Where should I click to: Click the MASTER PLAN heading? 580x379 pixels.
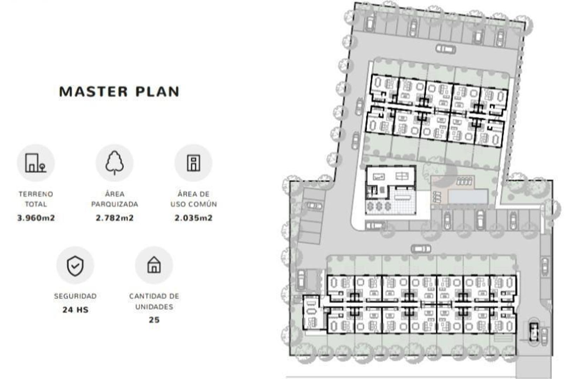click(119, 92)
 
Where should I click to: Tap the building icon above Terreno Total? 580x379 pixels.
click(36, 163)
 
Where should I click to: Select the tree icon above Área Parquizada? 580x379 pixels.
click(115, 163)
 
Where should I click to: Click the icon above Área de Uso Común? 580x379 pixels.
click(194, 163)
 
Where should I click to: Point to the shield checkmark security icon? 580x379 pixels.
click(75, 266)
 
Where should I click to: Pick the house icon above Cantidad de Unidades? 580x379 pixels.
click(154, 265)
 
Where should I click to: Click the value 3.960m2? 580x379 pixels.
click(36, 218)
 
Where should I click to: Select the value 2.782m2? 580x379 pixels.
click(115, 218)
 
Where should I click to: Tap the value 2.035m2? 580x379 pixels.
click(194, 218)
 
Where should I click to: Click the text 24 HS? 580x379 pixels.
click(75, 310)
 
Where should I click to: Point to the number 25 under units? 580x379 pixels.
click(154, 320)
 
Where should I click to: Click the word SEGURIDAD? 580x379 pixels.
click(75, 296)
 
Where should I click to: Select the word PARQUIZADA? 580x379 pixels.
click(115, 204)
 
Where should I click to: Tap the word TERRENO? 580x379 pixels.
click(36, 194)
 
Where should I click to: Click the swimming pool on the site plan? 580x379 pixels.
click(468, 197)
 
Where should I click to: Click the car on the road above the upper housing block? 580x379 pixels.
click(445, 49)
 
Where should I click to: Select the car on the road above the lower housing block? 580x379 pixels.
click(421, 249)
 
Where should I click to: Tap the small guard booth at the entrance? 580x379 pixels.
click(533, 332)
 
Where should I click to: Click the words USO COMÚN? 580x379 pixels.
click(194, 204)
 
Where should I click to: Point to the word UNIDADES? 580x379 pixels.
click(154, 307)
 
